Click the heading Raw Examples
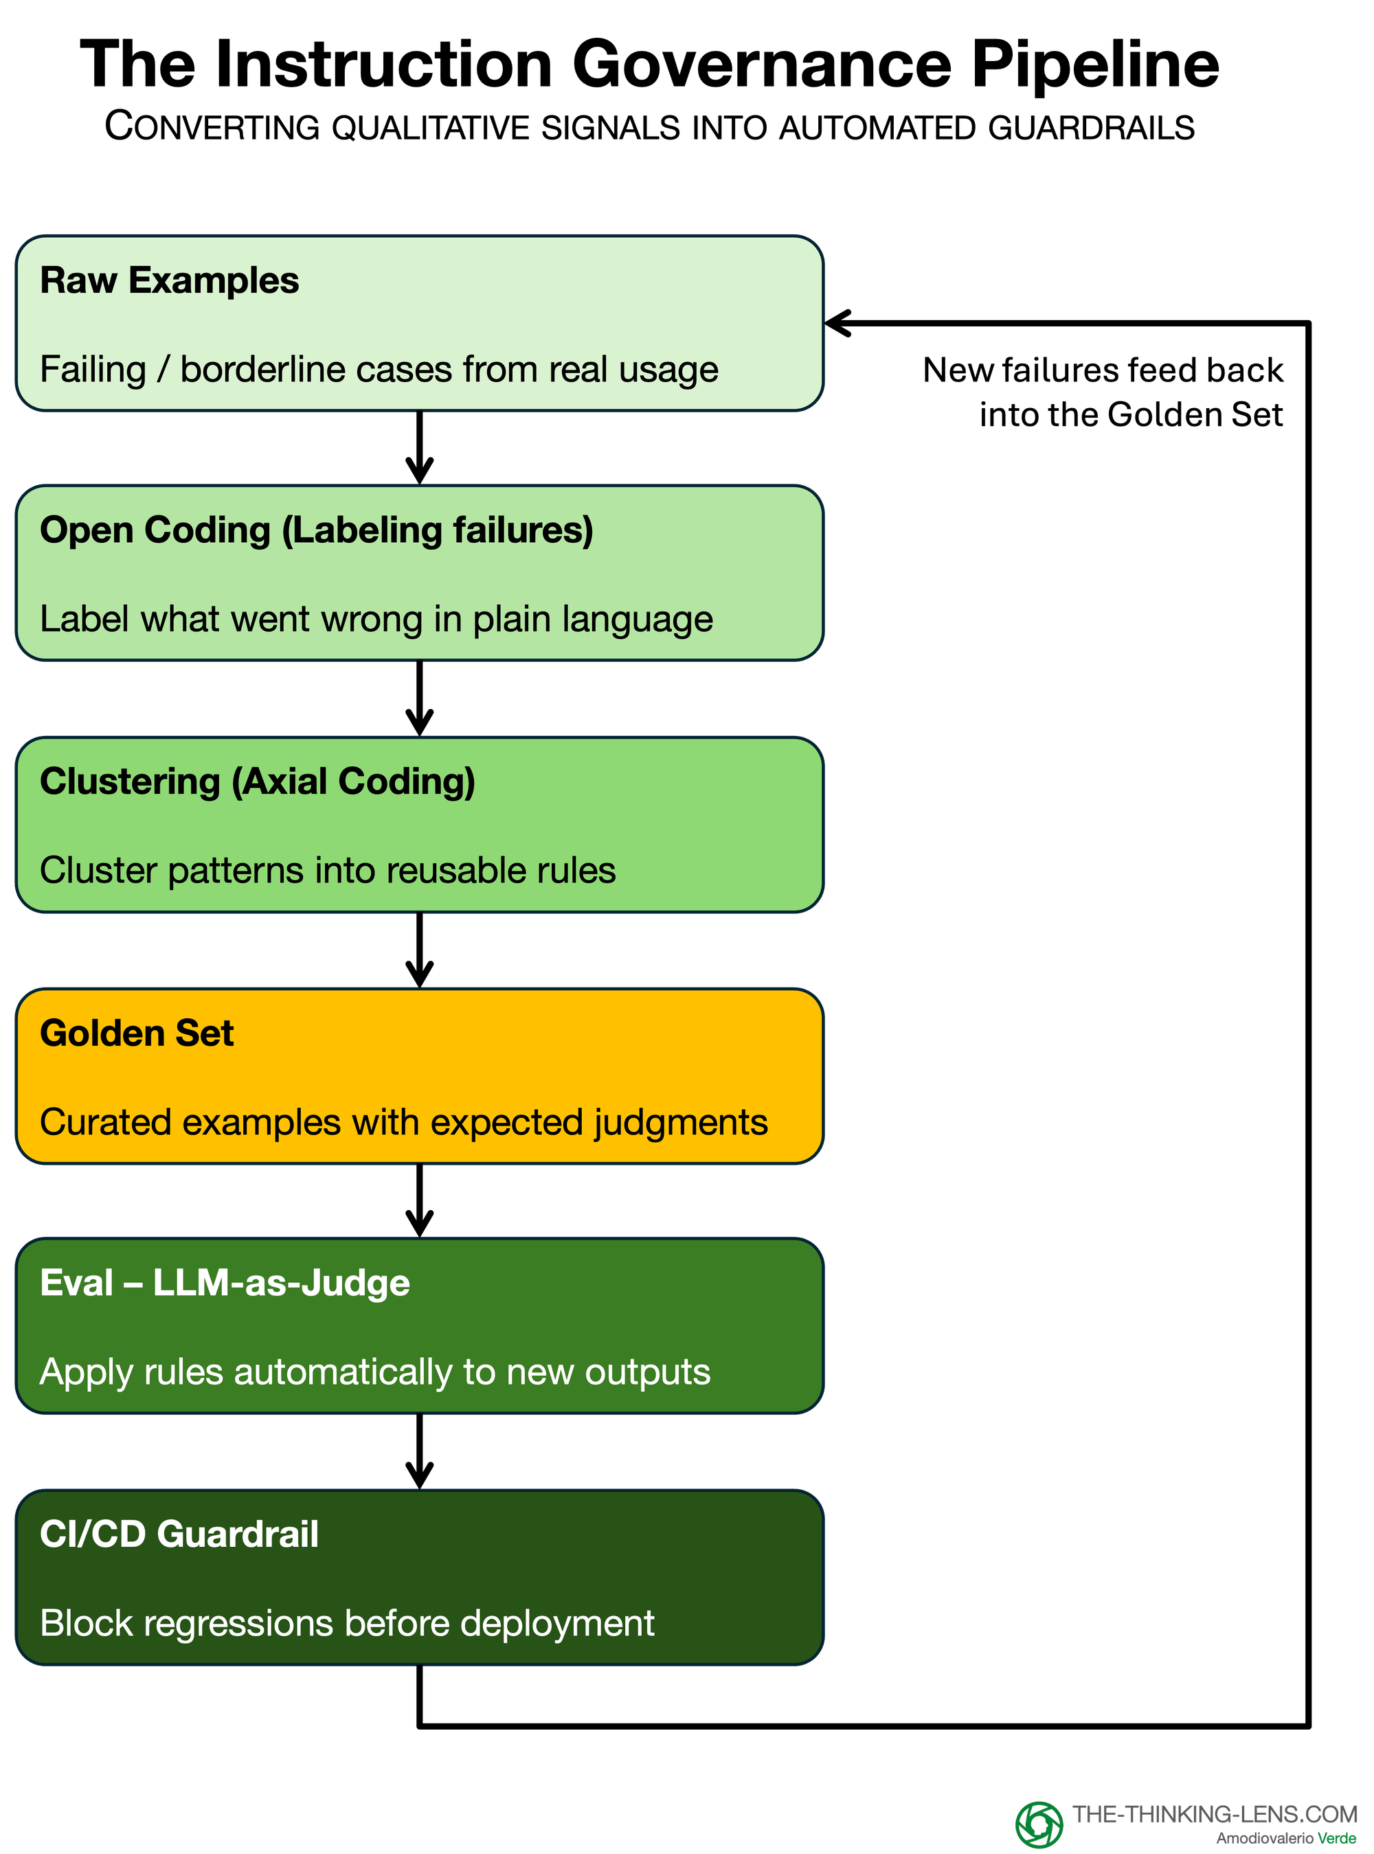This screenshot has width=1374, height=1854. coord(169,280)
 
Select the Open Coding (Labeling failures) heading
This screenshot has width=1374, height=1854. coord(316,530)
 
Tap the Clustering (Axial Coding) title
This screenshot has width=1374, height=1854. coord(257,781)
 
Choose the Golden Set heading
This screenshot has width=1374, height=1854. coord(137,1032)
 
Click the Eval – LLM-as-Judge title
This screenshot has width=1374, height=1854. coord(225,1282)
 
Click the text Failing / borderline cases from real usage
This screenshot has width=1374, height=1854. coord(379,369)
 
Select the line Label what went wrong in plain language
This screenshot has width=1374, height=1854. coord(376,619)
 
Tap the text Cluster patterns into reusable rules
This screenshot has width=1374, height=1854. coord(328,870)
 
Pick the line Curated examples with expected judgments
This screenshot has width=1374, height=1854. coord(403,1122)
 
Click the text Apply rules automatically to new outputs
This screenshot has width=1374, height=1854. coord(375,1372)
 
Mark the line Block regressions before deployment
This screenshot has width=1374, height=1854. coord(347,1623)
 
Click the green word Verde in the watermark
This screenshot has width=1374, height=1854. coord(1337,1838)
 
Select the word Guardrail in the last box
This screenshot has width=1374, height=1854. coord(237,1534)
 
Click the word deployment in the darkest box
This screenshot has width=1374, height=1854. coord(557,1624)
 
